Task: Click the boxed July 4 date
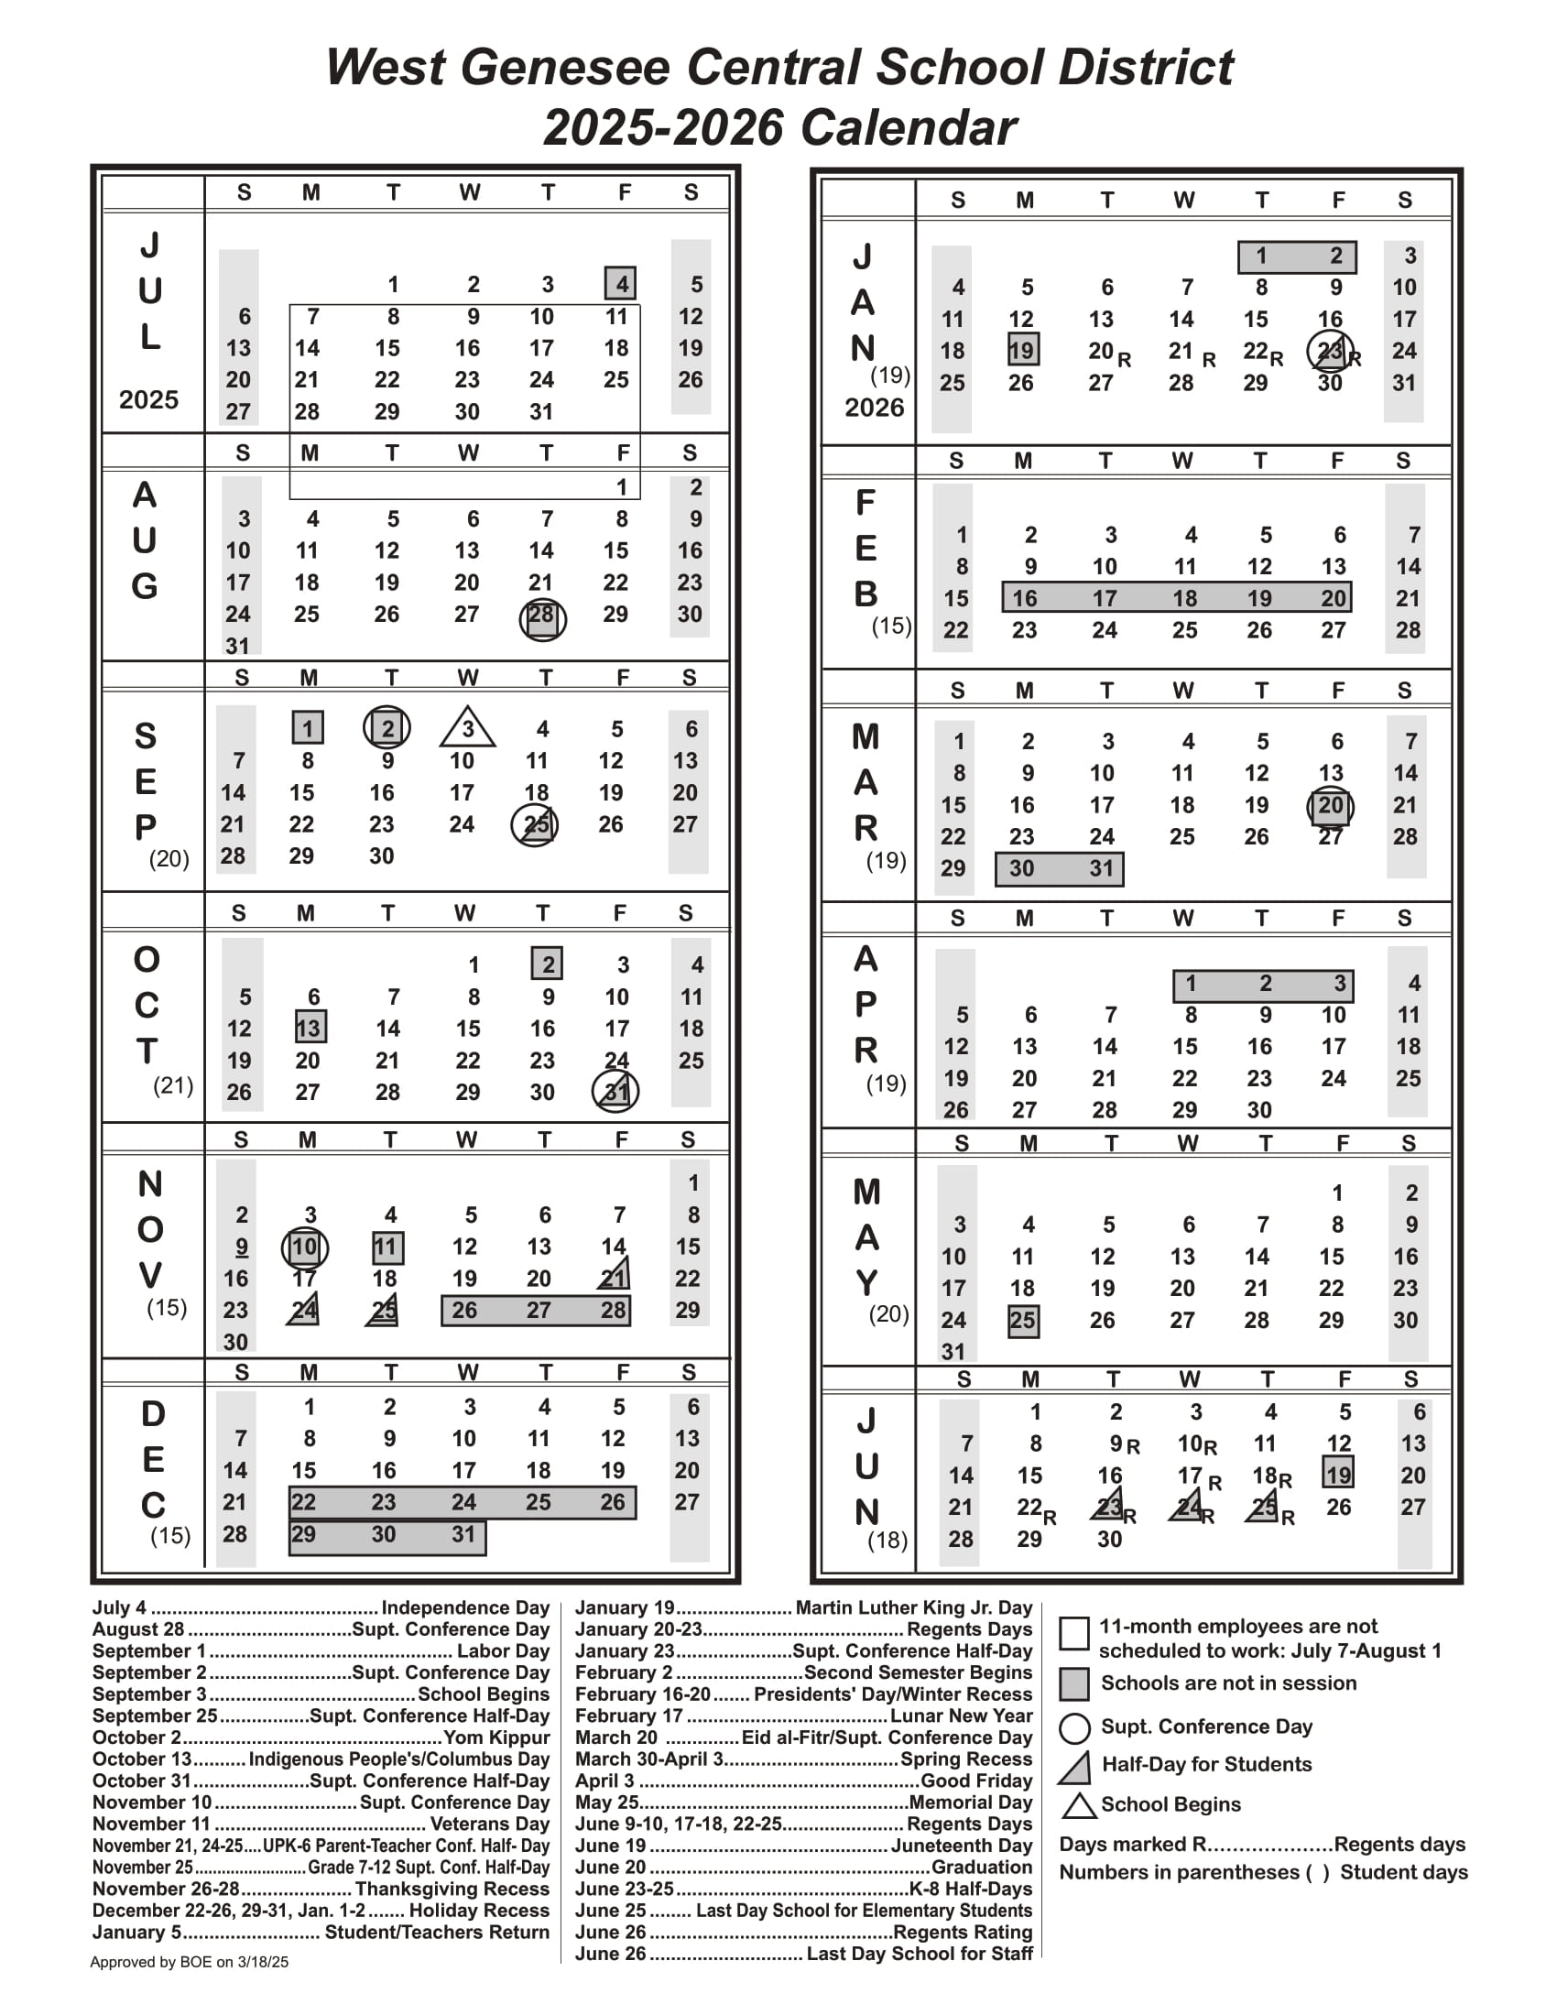click(621, 283)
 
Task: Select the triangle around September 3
click(468, 728)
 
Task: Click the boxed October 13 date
click(308, 1028)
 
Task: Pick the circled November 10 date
click(304, 1247)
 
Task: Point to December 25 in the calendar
click(539, 1502)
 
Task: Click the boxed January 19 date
click(1022, 351)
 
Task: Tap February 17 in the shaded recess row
click(1105, 598)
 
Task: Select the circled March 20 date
click(1330, 805)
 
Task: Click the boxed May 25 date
click(1022, 1320)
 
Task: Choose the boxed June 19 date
click(1337, 1475)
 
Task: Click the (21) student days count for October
click(172, 1085)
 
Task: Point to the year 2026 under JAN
click(874, 407)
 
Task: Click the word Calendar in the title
click(908, 127)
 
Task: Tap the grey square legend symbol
click(1073, 1683)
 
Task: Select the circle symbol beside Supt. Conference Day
click(1074, 1728)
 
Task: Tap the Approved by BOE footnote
click(189, 1963)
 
